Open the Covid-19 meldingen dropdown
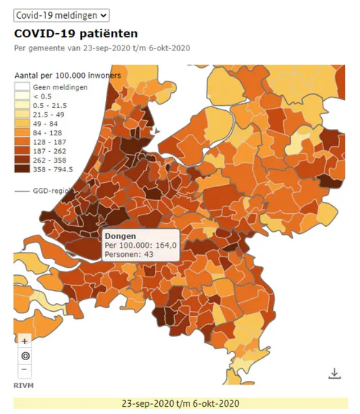[x=61, y=14]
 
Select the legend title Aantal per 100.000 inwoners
[x=69, y=75]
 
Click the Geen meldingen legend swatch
[x=22, y=86]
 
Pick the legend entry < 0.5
[x=22, y=96]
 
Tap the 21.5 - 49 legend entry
[x=22, y=114]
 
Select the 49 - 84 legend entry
[x=22, y=124]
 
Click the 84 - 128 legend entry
[x=22, y=133]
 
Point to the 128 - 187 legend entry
[x=22, y=143]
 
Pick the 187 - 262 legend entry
[x=22, y=152]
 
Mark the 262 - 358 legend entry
[x=22, y=161]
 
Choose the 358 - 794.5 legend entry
[x=22, y=171]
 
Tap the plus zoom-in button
[x=24, y=341]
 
